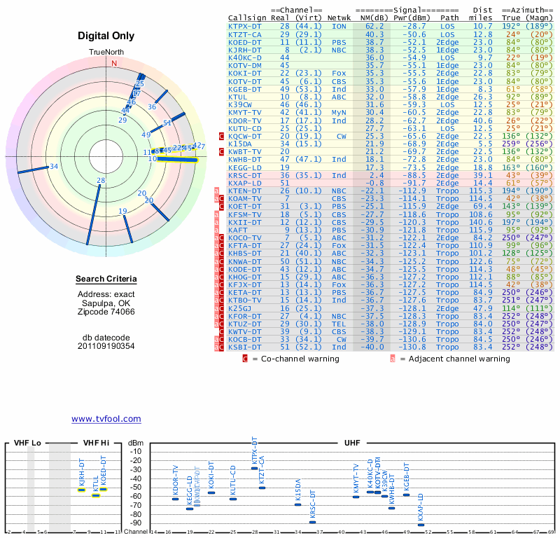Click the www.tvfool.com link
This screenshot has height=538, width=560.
point(106,419)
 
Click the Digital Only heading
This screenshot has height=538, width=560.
point(106,36)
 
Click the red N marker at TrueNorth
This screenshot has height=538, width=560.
point(114,62)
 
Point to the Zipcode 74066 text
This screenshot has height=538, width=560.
point(106,312)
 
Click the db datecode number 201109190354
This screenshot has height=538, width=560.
point(106,346)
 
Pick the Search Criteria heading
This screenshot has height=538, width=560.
point(106,280)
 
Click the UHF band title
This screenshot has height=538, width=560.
point(353,443)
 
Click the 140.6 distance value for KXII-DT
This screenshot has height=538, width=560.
point(481,222)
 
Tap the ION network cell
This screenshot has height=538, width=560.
point(339,26)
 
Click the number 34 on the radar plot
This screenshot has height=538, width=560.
point(54,167)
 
